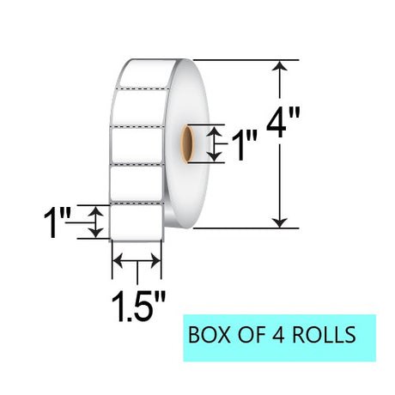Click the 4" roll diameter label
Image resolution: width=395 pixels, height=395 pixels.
283,123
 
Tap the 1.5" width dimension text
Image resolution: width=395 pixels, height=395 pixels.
138,307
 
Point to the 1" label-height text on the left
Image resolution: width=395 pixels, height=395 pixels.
57,222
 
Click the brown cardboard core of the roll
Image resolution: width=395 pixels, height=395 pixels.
188,144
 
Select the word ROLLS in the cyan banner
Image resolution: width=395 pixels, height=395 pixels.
324,335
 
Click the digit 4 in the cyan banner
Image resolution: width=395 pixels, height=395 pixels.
278,335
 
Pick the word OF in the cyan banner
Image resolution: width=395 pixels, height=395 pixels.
251,335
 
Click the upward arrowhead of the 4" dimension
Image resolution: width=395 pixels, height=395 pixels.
279,65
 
